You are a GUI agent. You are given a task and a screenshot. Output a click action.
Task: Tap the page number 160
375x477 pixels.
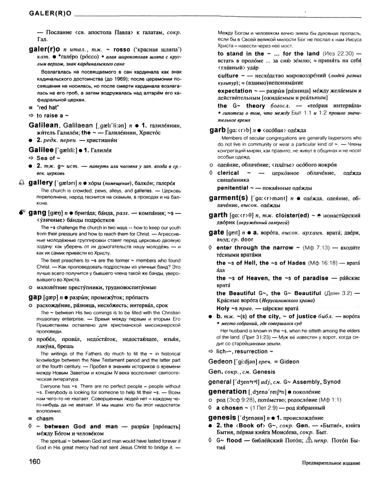pos(37,462)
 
